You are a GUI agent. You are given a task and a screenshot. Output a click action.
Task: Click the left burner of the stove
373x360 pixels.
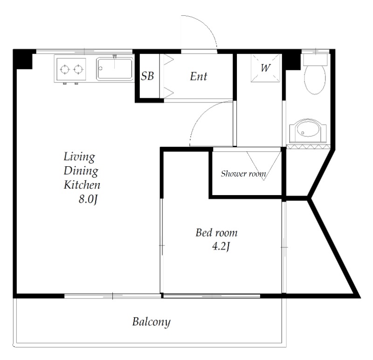pyautogui.click(x=65, y=69)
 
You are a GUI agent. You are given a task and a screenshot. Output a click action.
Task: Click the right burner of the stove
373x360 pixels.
pyautogui.click(x=78, y=69)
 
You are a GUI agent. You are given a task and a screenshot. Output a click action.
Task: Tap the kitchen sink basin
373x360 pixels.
pyautogui.click(x=115, y=69)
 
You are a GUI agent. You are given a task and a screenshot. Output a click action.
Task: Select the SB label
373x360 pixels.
pyautogui.click(x=147, y=76)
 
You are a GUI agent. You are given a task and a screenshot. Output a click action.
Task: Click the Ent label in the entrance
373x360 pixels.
pyautogui.click(x=199, y=76)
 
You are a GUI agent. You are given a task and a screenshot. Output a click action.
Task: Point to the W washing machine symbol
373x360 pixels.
pyautogui.click(x=265, y=68)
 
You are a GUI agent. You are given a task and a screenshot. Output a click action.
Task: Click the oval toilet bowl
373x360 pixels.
pyautogui.click(x=315, y=80)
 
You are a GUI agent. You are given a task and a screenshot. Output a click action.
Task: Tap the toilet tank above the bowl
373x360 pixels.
pyautogui.click(x=316, y=60)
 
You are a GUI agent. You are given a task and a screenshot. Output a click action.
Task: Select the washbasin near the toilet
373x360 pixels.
pyautogui.click(x=308, y=131)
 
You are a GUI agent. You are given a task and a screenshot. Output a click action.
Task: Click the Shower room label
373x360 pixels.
pyautogui.click(x=243, y=174)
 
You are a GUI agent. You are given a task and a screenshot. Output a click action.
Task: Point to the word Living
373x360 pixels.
pyautogui.click(x=79, y=157)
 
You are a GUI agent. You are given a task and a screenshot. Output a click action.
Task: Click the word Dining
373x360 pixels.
pyautogui.click(x=81, y=171)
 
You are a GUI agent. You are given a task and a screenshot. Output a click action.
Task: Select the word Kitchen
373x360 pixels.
pyautogui.click(x=82, y=185)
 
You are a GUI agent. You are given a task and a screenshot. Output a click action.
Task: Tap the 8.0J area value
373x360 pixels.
pyautogui.click(x=88, y=199)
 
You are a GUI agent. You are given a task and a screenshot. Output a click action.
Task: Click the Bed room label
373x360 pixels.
pyautogui.click(x=216, y=233)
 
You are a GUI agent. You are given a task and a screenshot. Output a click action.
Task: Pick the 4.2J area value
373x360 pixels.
pyautogui.click(x=221, y=247)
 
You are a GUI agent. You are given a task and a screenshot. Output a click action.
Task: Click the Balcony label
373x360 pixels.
pyautogui.click(x=151, y=322)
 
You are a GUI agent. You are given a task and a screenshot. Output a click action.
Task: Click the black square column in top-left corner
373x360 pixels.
pyautogui.click(x=22, y=59)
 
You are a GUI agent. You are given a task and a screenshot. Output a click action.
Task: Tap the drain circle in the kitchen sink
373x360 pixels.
pyautogui.click(x=100, y=68)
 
